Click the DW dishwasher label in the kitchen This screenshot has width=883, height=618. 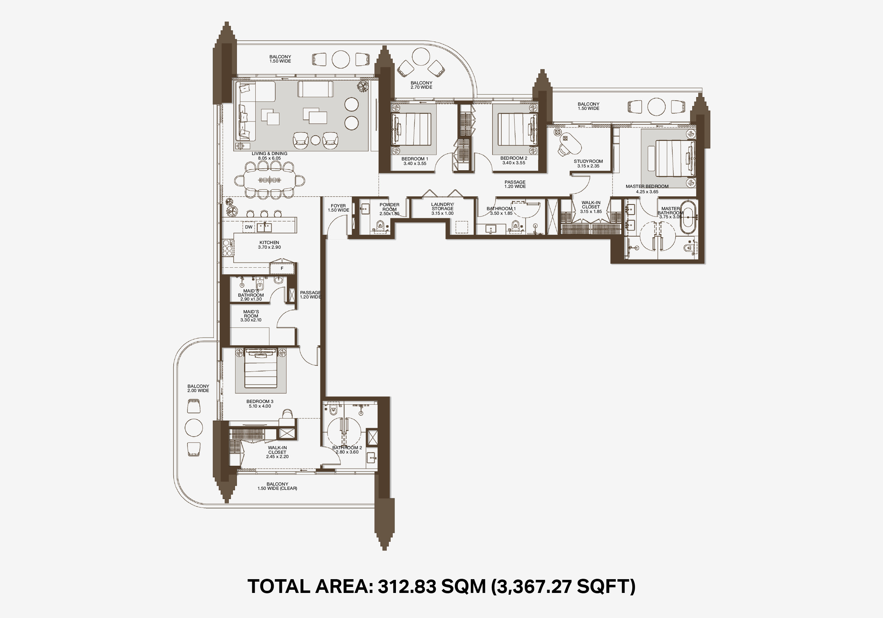pos(249,227)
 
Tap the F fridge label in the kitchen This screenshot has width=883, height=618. pos(282,268)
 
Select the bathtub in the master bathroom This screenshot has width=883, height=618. pos(688,217)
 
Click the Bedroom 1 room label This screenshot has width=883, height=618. pos(415,161)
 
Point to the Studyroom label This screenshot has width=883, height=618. pos(588,164)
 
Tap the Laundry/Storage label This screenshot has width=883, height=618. pos(442,209)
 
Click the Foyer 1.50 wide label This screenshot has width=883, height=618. pos(338,208)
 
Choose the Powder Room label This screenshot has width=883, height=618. pos(389,209)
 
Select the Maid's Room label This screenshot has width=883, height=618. pos(251,316)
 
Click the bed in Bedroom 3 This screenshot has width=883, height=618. pos(261,368)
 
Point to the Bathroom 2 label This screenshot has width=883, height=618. pos(347,450)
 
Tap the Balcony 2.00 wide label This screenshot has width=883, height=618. pos(198,388)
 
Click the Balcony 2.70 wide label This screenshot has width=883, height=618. pos(421,85)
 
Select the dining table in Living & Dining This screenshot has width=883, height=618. pos(269,180)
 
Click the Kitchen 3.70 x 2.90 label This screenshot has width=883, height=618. pos(269,245)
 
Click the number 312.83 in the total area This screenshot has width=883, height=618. pos(407,587)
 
